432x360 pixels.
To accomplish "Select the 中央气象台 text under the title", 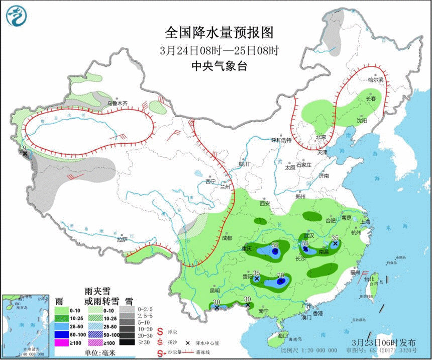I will (x=220, y=65).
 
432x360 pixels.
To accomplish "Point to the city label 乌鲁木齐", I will (x=117, y=103).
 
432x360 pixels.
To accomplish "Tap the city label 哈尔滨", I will (x=375, y=80).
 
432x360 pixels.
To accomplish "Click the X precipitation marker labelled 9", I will (x=25, y=153).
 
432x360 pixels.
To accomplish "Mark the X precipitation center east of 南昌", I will (x=336, y=244).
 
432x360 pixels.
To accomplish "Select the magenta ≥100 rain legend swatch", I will (x=61, y=342).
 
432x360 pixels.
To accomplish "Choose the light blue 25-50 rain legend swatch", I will (x=61, y=325).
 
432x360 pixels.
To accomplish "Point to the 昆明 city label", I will (x=215, y=290).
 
